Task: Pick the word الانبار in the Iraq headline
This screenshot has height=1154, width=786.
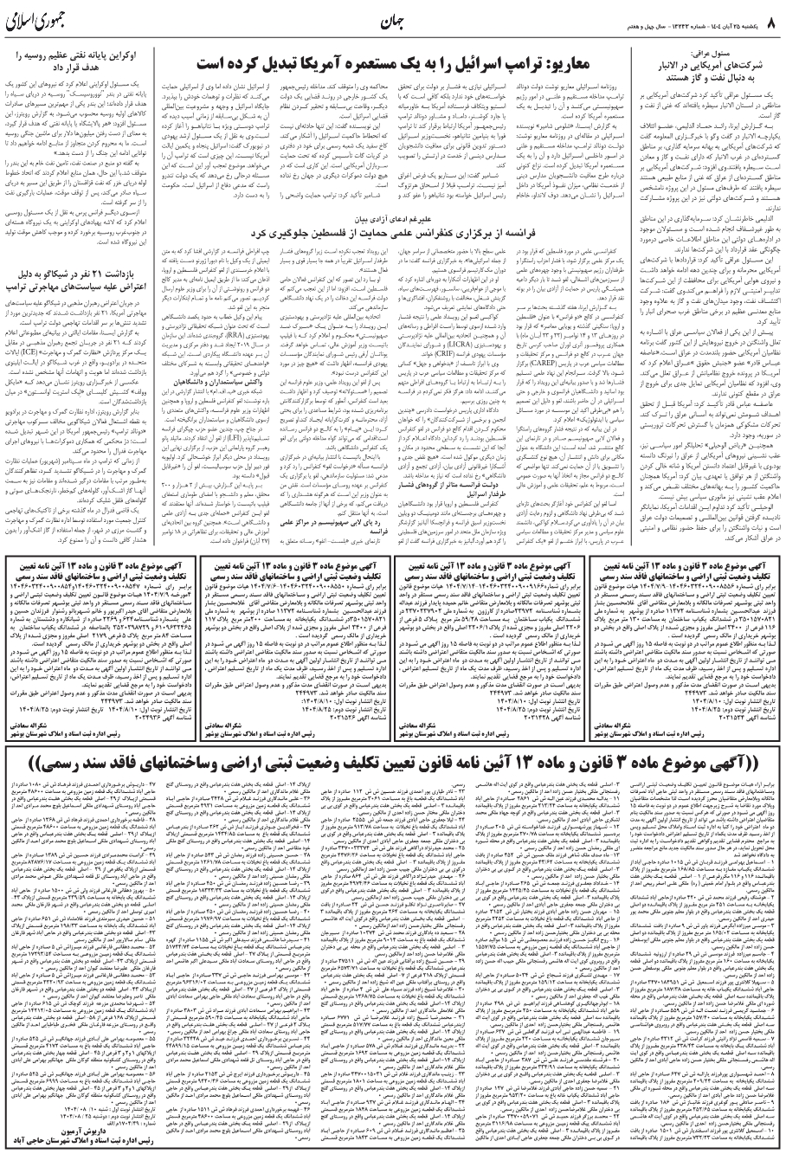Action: pyautogui.click(x=664, y=65)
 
